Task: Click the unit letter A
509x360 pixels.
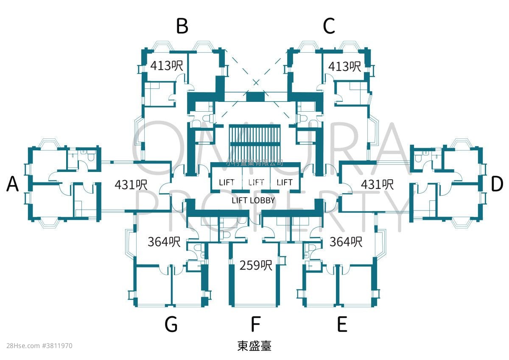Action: point(13,185)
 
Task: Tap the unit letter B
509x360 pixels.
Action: point(182,26)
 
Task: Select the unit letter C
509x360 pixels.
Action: point(329,26)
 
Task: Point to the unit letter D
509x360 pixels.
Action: point(497,185)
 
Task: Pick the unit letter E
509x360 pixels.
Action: point(342,325)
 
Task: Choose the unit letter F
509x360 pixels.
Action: point(255,325)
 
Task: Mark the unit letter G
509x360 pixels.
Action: point(171,325)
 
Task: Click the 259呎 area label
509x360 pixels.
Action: point(255,265)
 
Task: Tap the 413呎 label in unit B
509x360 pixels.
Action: point(166,66)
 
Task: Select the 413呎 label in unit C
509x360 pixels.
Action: point(344,66)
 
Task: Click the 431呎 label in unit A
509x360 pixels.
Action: point(131,185)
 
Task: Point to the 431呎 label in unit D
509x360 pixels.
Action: point(377,185)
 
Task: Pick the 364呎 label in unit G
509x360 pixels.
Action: point(164,242)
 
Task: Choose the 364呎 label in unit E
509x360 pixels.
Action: point(346,242)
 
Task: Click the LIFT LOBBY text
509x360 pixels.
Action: point(253,200)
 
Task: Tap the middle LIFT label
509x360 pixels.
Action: point(256,182)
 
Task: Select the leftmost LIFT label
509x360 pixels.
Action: point(227,182)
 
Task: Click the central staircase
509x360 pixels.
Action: point(255,141)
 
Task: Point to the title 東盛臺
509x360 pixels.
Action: point(254,346)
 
